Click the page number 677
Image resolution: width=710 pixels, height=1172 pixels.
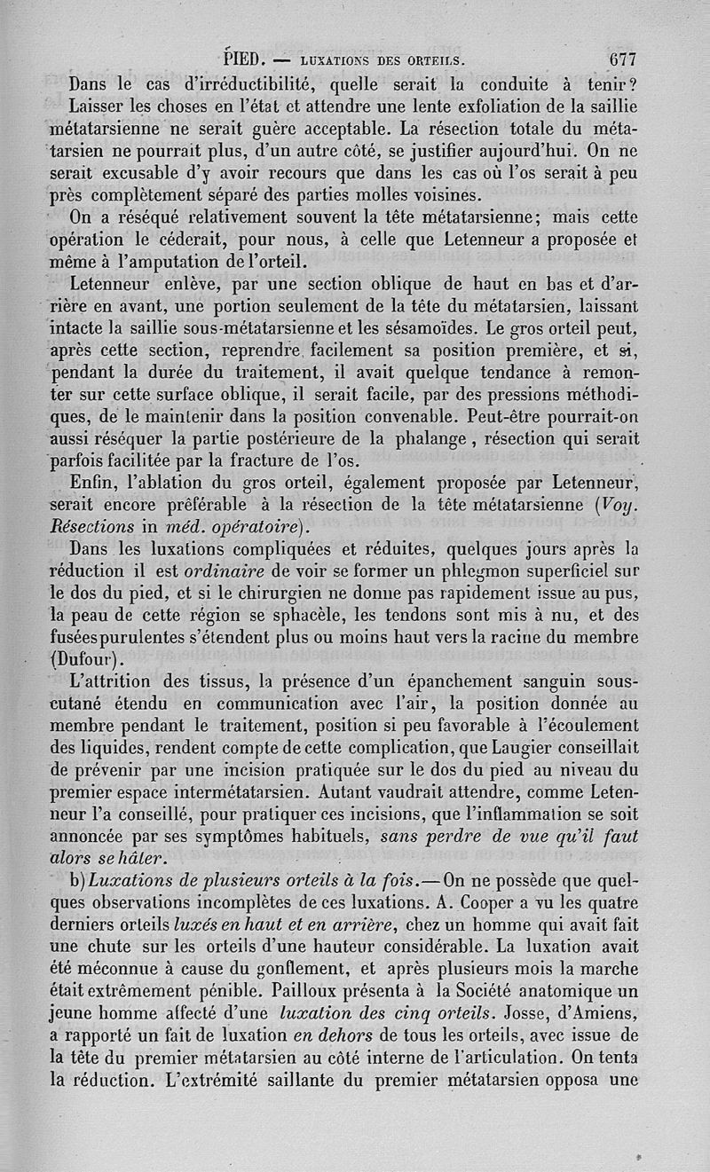623,61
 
